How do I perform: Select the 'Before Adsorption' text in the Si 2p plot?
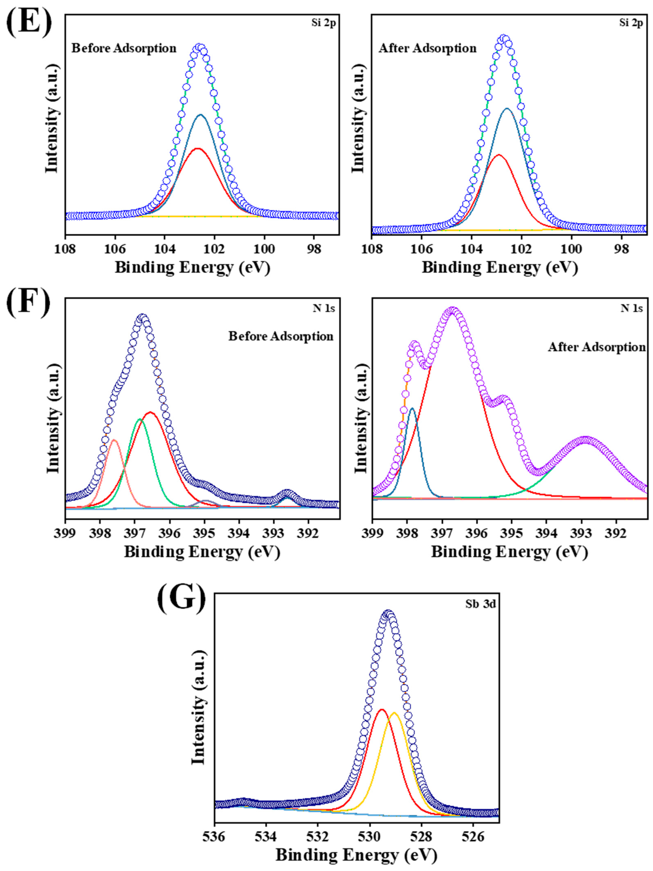click(124, 49)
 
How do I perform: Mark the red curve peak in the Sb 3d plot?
click(381, 710)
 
